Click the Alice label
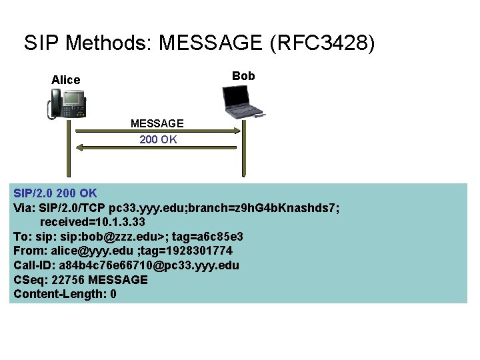(65, 80)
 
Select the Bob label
(243, 76)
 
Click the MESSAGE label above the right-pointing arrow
(157, 123)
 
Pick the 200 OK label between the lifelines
(158, 139)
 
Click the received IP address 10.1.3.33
(117, 221)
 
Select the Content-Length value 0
(113, 294)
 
